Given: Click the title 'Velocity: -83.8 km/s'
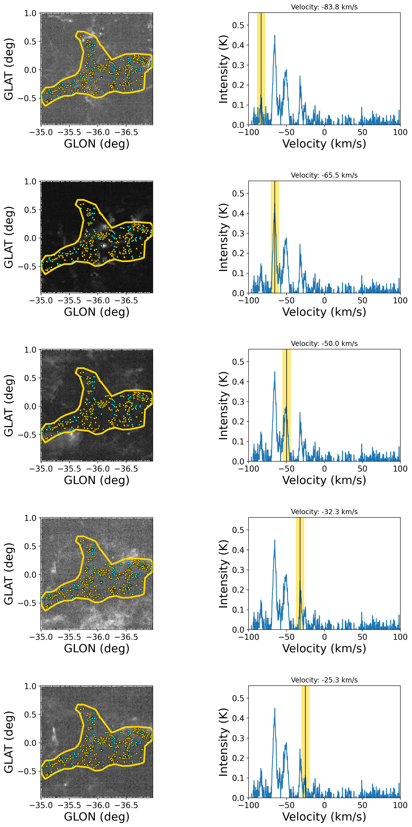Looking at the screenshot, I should [x=324, y=7].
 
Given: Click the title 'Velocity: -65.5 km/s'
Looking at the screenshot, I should [x=324, y=175].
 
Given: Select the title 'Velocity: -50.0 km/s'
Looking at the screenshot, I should [x=324, y=343].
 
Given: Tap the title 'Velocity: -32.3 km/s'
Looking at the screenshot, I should [x=324, y=512].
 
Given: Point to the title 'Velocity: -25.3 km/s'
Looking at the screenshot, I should [x=324, y=680].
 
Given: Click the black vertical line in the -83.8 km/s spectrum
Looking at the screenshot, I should [x=261, y=64].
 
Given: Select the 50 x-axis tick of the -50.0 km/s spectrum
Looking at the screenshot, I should [x=362, y=469].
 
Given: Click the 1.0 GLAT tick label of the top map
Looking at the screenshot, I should [x=30, y=13].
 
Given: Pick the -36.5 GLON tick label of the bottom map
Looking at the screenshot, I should [x=126, y=805].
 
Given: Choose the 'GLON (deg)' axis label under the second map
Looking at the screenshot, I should [x=97, y=312].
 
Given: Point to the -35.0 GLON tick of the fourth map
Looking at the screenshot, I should [x=41, y=637].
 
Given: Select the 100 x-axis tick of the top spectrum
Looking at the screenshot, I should [x=400, y=132].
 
